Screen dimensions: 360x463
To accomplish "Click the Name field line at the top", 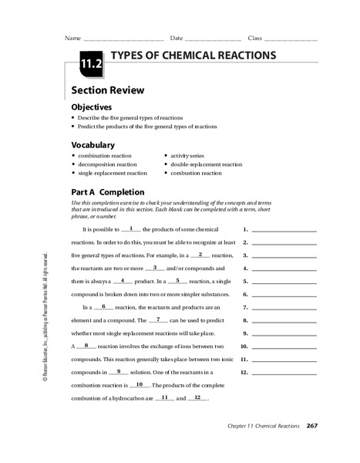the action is [123, 39].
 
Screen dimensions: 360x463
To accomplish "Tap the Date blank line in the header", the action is [213, 39].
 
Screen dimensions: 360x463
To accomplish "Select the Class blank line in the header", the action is [291, 39].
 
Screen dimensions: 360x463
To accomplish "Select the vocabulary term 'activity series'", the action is [190, 155].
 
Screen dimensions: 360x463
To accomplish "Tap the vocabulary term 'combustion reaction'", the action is [195, 173].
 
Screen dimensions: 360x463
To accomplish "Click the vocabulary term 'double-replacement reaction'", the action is [206, 164].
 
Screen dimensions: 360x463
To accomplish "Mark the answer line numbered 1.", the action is [284, 230].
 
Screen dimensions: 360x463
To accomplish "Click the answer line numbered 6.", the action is [284, 295].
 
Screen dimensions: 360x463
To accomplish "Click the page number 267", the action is [311, 426].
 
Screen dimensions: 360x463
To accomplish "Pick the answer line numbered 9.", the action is [284, 333].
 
